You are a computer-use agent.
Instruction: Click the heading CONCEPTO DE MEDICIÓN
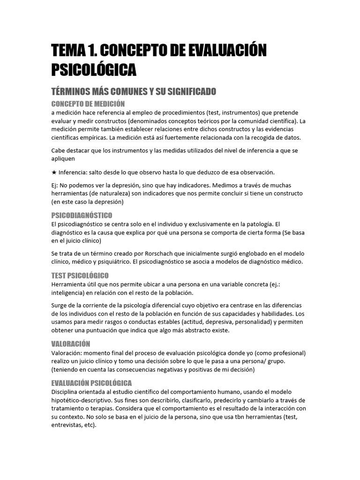(x=88, y=104)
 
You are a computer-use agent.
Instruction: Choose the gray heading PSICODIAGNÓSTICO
(x=82, y=215)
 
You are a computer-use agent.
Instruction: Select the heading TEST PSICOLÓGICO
(x=80, y=275)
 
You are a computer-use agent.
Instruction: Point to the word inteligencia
(x=70, y=293)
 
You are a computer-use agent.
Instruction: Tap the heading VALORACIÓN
(x=70, y=344)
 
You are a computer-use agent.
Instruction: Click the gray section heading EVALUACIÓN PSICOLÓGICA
(x=91, y=382)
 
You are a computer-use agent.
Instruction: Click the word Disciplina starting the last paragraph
(x=66, y=391)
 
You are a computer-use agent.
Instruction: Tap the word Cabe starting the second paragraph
(x=59, y=150)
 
